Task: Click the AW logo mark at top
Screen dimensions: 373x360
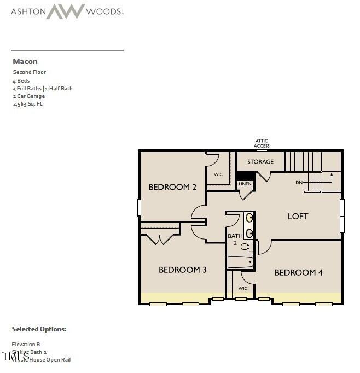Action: pos(65,11)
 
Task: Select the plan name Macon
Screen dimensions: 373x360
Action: pos(25,61)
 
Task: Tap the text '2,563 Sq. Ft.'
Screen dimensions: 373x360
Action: pos(28,103)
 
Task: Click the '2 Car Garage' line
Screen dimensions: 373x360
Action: pos(29,96)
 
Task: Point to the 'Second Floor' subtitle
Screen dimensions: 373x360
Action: pos(30,72)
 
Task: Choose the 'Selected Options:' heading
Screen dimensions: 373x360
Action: pos(39,329)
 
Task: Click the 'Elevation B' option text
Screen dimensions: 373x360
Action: pos(26,344)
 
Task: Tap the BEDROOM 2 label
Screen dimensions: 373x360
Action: pos(172,187)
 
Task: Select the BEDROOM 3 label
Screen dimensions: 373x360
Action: pos(182,270)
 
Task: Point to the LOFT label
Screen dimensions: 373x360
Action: pos(298,216)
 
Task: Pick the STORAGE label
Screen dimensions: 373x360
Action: pos(260,161)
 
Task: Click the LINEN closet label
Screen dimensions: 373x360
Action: pos(245,184)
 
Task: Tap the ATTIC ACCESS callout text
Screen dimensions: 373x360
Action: pos(262,143)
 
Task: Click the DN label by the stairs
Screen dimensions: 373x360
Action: pos(299,182)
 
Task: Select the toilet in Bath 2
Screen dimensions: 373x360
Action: pos(245,247)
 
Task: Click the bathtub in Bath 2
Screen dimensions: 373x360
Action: pos(240,262)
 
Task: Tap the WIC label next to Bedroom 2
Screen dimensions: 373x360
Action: pos(218,174)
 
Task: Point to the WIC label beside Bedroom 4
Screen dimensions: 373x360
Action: pos(243,288)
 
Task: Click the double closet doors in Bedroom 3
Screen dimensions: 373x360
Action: pos(160,239)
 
